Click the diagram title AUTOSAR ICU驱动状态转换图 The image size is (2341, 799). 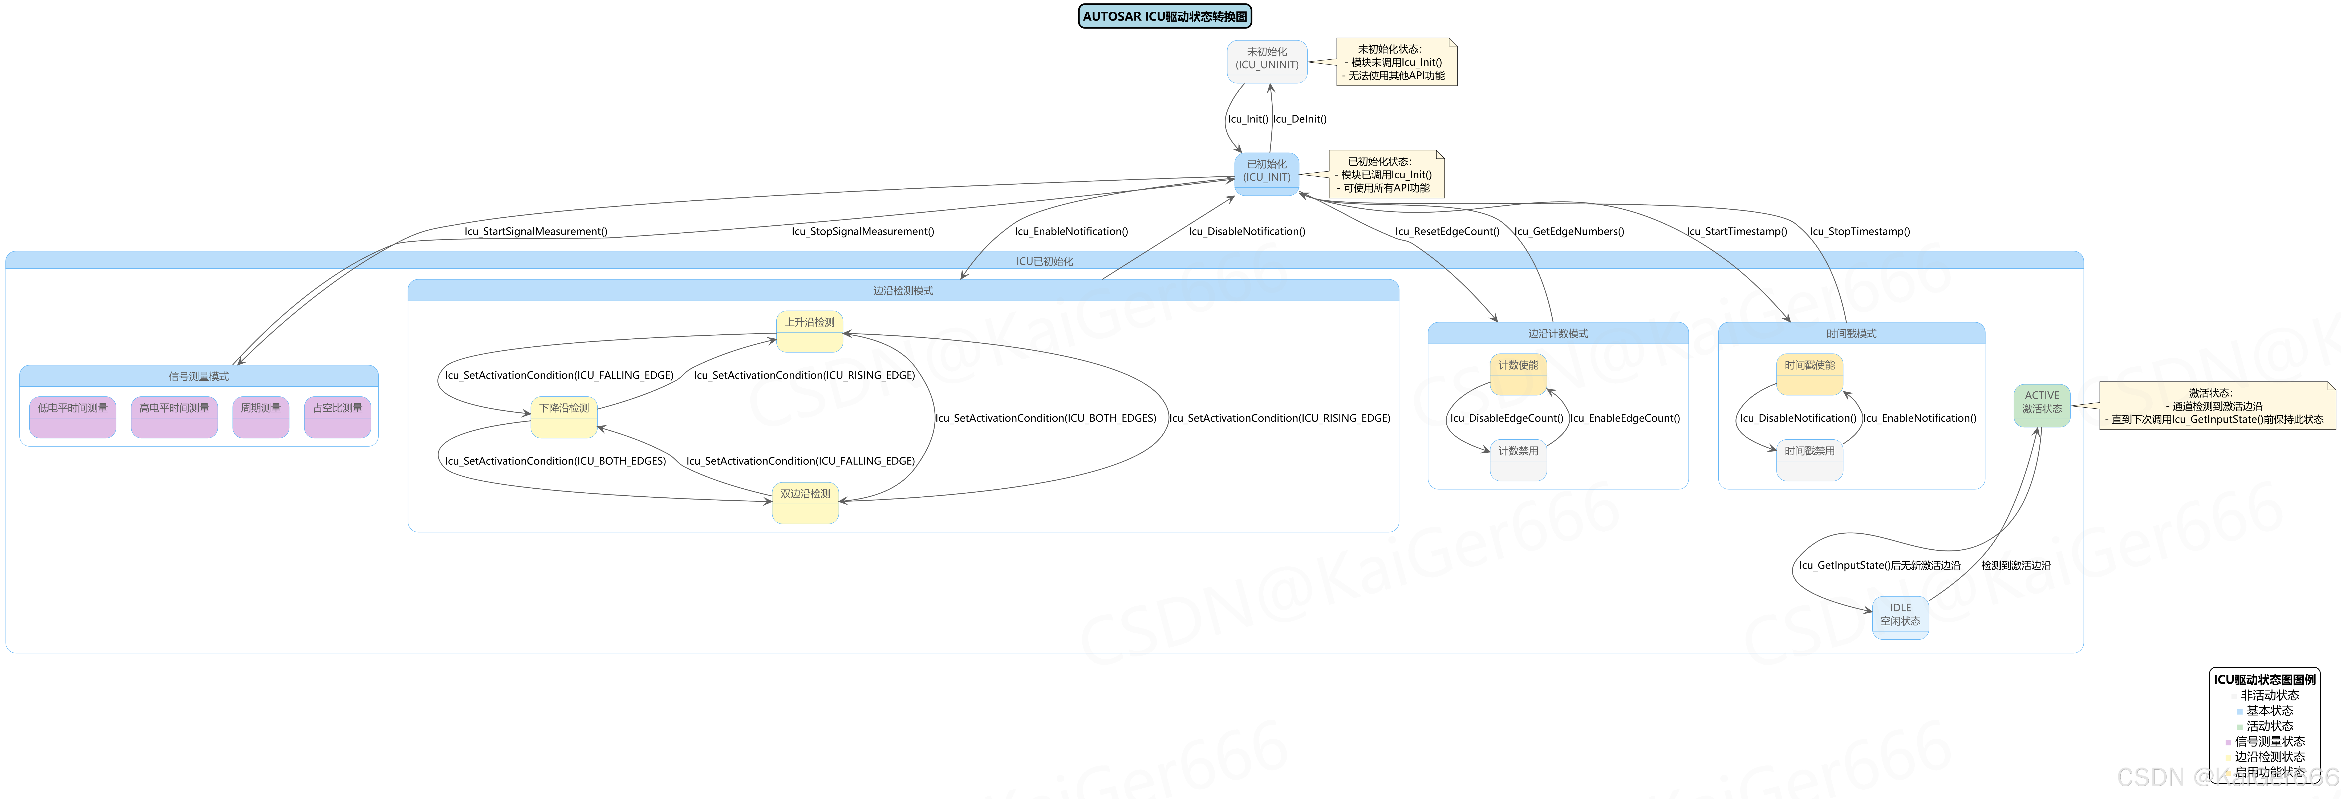tap(1164, 16)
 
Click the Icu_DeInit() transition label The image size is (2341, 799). tap(1300, 119)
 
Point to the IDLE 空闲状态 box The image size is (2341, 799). tap(1900, 616)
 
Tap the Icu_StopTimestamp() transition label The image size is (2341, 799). tap(1859, 232)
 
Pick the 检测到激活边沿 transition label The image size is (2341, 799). tap(2016, 565)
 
